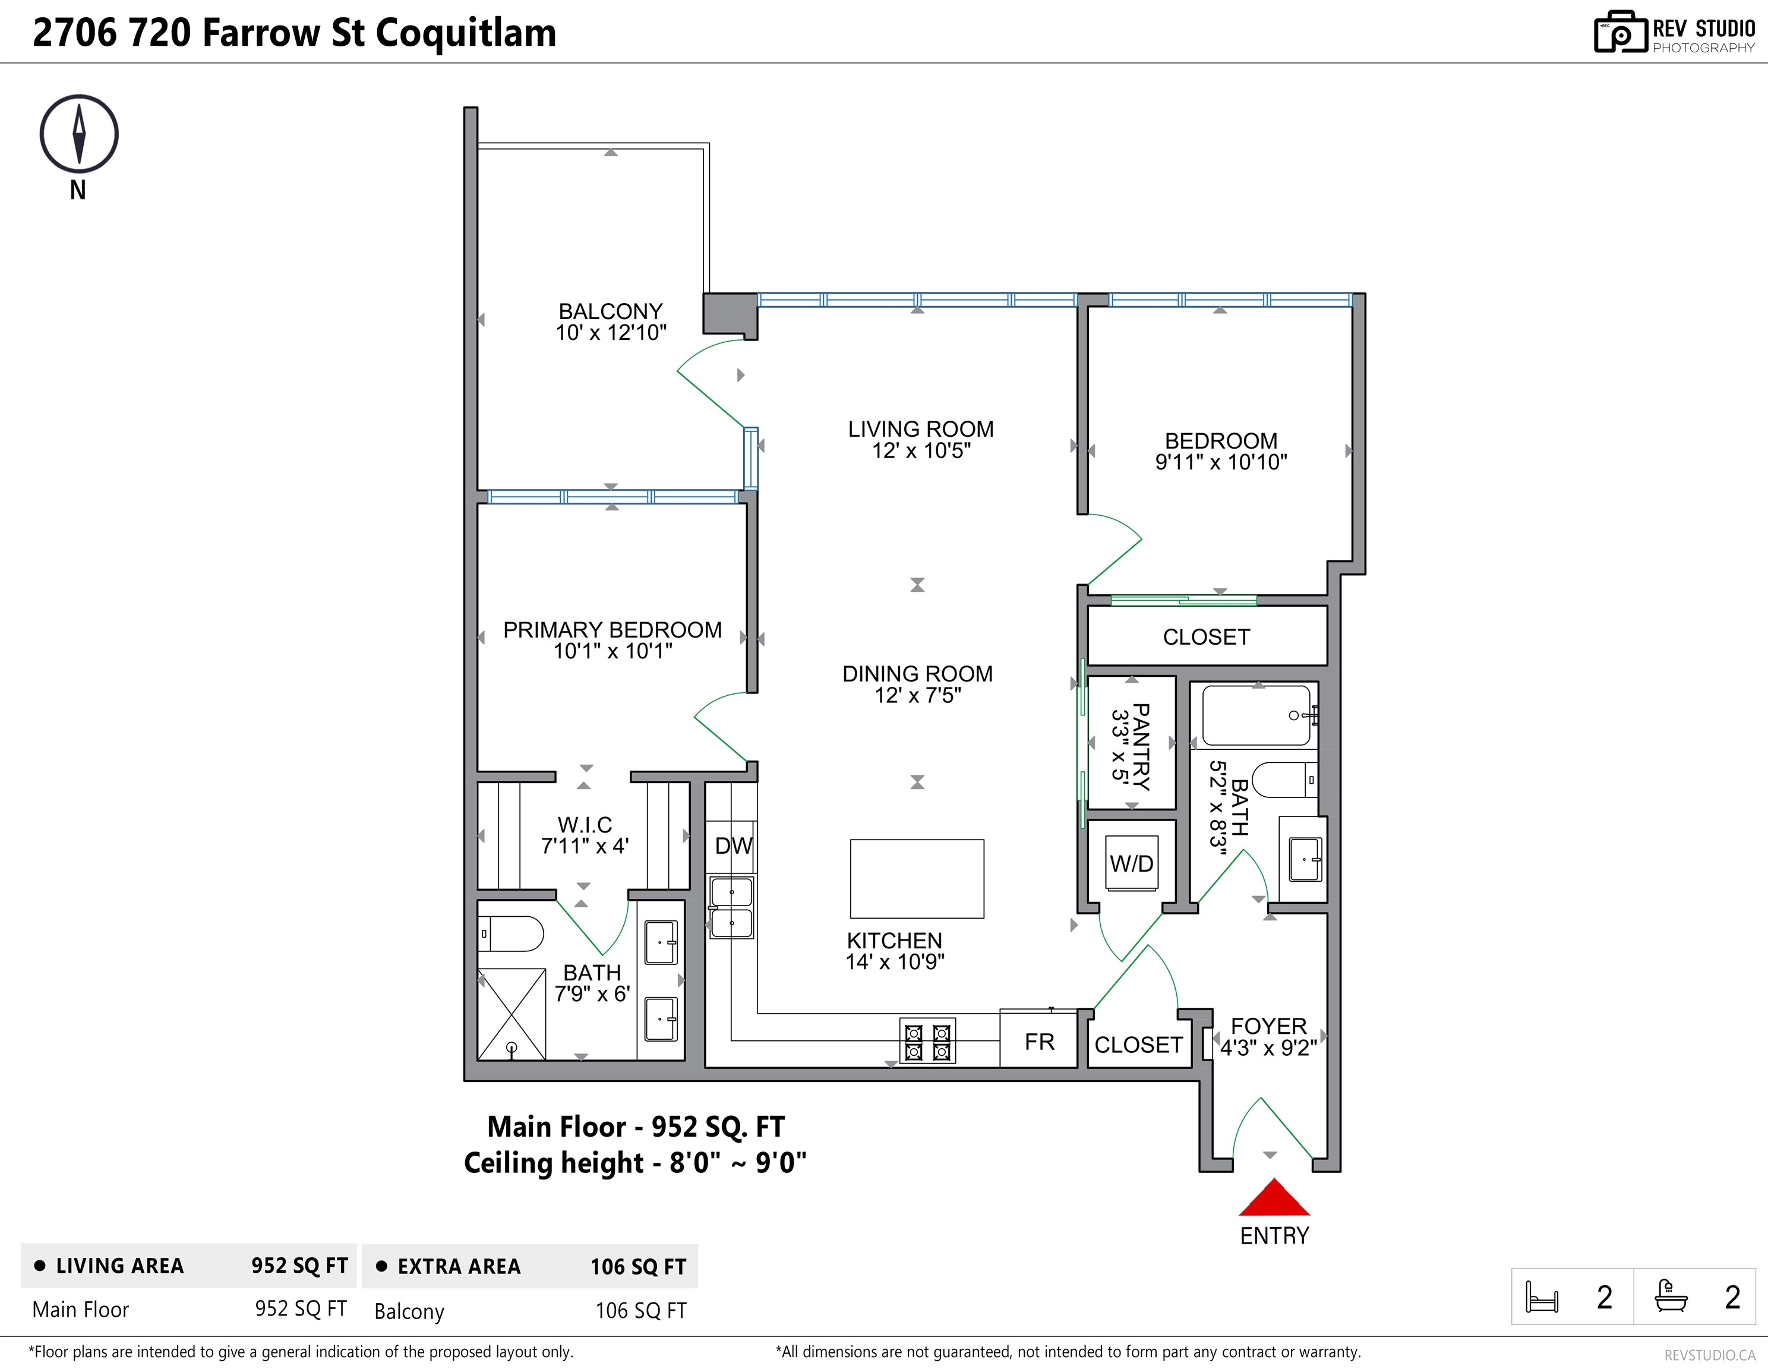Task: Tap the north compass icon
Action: tap(78, 134)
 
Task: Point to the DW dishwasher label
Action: tap(734, 846)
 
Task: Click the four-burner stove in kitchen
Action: tap(927, 1041)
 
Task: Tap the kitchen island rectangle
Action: tap(917, 878)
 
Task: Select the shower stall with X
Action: tap(512, 1014)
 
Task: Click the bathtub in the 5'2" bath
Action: tap(1255, 715)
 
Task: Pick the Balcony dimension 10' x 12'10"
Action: tap(610, 333)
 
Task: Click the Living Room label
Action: tap(920, 429)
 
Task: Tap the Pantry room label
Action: tap(1140, 746)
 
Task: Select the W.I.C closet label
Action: tap(585, 825)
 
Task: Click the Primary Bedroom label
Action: tap(612, 630)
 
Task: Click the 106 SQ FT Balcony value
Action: tap(640, 1311)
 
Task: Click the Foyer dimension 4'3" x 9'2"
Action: tap(1268, 1048)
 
